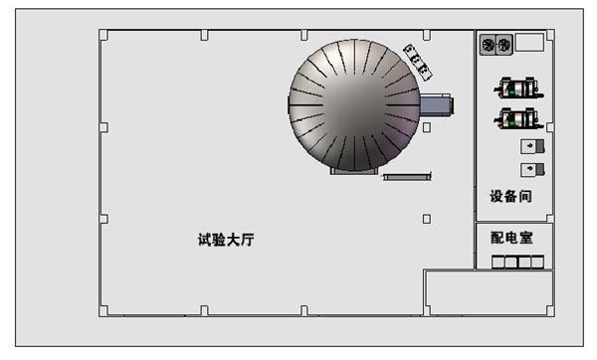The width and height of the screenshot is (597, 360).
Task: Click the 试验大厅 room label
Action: (x=227, y=240)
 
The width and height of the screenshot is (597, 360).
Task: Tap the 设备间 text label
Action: (x=511, y=196)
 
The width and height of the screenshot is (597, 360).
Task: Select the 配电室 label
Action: (x=511, y=239)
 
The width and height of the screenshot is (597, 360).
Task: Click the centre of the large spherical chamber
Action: (x=353, y=105)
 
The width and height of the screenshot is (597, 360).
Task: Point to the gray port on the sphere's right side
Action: (x=436, y=103)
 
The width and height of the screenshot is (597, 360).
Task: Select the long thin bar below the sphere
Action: (x=406, y=177)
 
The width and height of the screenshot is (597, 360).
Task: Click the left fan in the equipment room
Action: (x=489, y=45)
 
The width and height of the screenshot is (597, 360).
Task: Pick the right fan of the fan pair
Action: (x=503, y=45)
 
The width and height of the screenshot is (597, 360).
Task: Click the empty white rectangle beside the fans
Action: (x=529, y=42)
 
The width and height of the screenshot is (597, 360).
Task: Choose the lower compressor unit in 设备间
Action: (x=517, y=120)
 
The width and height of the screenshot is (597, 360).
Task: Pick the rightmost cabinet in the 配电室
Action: (x=537, y=263)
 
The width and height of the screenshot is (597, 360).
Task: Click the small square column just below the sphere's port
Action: (x=427, y=127)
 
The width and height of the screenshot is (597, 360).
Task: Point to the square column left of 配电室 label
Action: (x=427, y=219)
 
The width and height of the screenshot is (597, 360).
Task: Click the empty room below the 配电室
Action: (x=488, y=293)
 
